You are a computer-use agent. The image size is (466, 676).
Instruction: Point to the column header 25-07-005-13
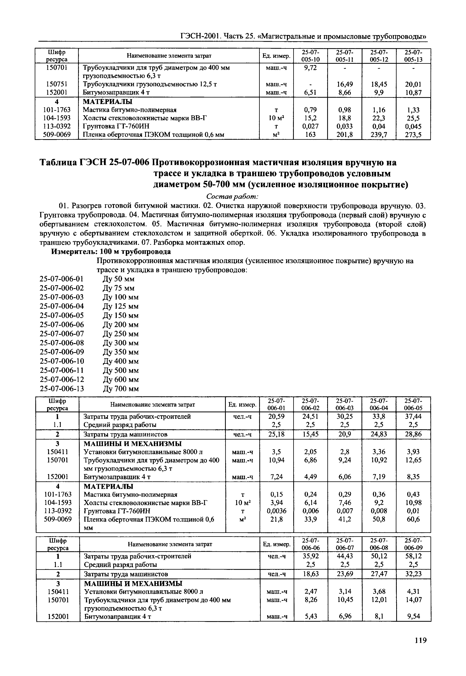(413, 56)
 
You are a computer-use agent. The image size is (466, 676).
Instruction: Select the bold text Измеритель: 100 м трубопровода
(111, 251)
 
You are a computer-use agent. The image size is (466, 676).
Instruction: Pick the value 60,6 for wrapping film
(413, 519)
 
